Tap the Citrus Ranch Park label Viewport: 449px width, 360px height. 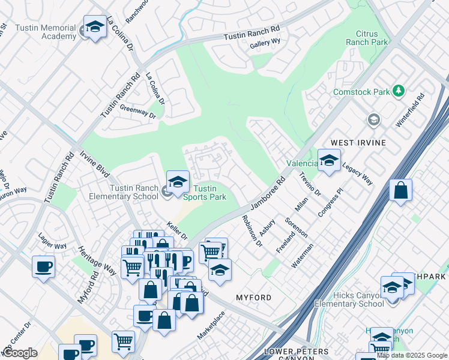click(x=367, y=38)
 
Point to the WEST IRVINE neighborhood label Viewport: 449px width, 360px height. click(x=358, y=143)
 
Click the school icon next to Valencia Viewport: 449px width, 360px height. click(x=329, y=161)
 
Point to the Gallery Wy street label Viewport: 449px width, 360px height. click(x=265, y=41)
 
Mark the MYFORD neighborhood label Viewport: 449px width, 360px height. click(x=253, y=298)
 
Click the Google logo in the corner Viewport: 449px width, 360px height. click(x=20, y=353)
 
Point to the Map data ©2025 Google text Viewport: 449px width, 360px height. click(x=412, y=355)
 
